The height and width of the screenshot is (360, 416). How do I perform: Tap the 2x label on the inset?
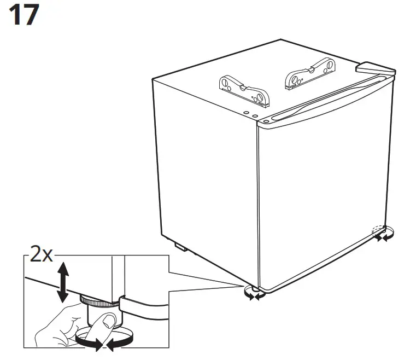[x=40, y=256]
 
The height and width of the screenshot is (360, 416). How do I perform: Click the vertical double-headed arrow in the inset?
[x=63, y=282]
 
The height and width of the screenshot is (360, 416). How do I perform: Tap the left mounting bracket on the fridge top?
[x=244, y=90]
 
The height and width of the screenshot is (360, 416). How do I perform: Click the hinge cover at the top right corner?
[x=375, y=69]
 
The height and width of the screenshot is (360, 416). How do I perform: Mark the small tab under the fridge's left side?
[x=180, y=247]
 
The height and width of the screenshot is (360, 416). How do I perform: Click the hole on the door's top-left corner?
[x=265, y=120]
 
